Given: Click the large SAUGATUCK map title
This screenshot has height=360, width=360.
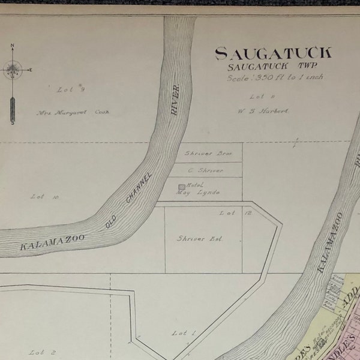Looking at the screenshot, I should point(273,54).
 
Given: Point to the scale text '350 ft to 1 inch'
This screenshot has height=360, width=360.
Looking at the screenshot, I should point(273,77).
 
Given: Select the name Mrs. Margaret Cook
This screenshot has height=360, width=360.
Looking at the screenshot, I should point(73,112).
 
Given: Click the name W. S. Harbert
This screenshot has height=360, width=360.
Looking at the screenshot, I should point(263,111).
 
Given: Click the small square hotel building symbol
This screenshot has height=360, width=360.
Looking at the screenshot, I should point(181,187).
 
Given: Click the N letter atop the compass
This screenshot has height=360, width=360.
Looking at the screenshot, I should point(12,47).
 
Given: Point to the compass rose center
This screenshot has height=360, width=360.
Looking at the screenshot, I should point(12,70).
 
